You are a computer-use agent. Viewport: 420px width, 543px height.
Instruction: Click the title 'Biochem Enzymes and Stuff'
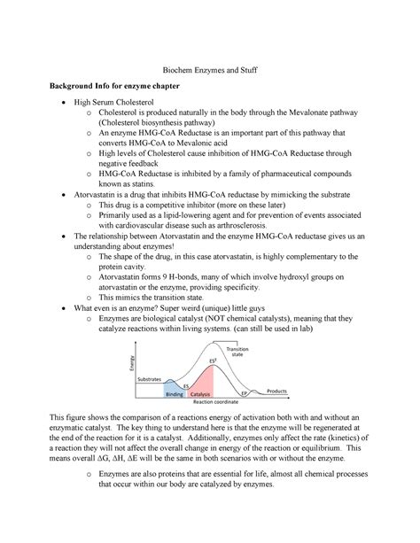209,77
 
